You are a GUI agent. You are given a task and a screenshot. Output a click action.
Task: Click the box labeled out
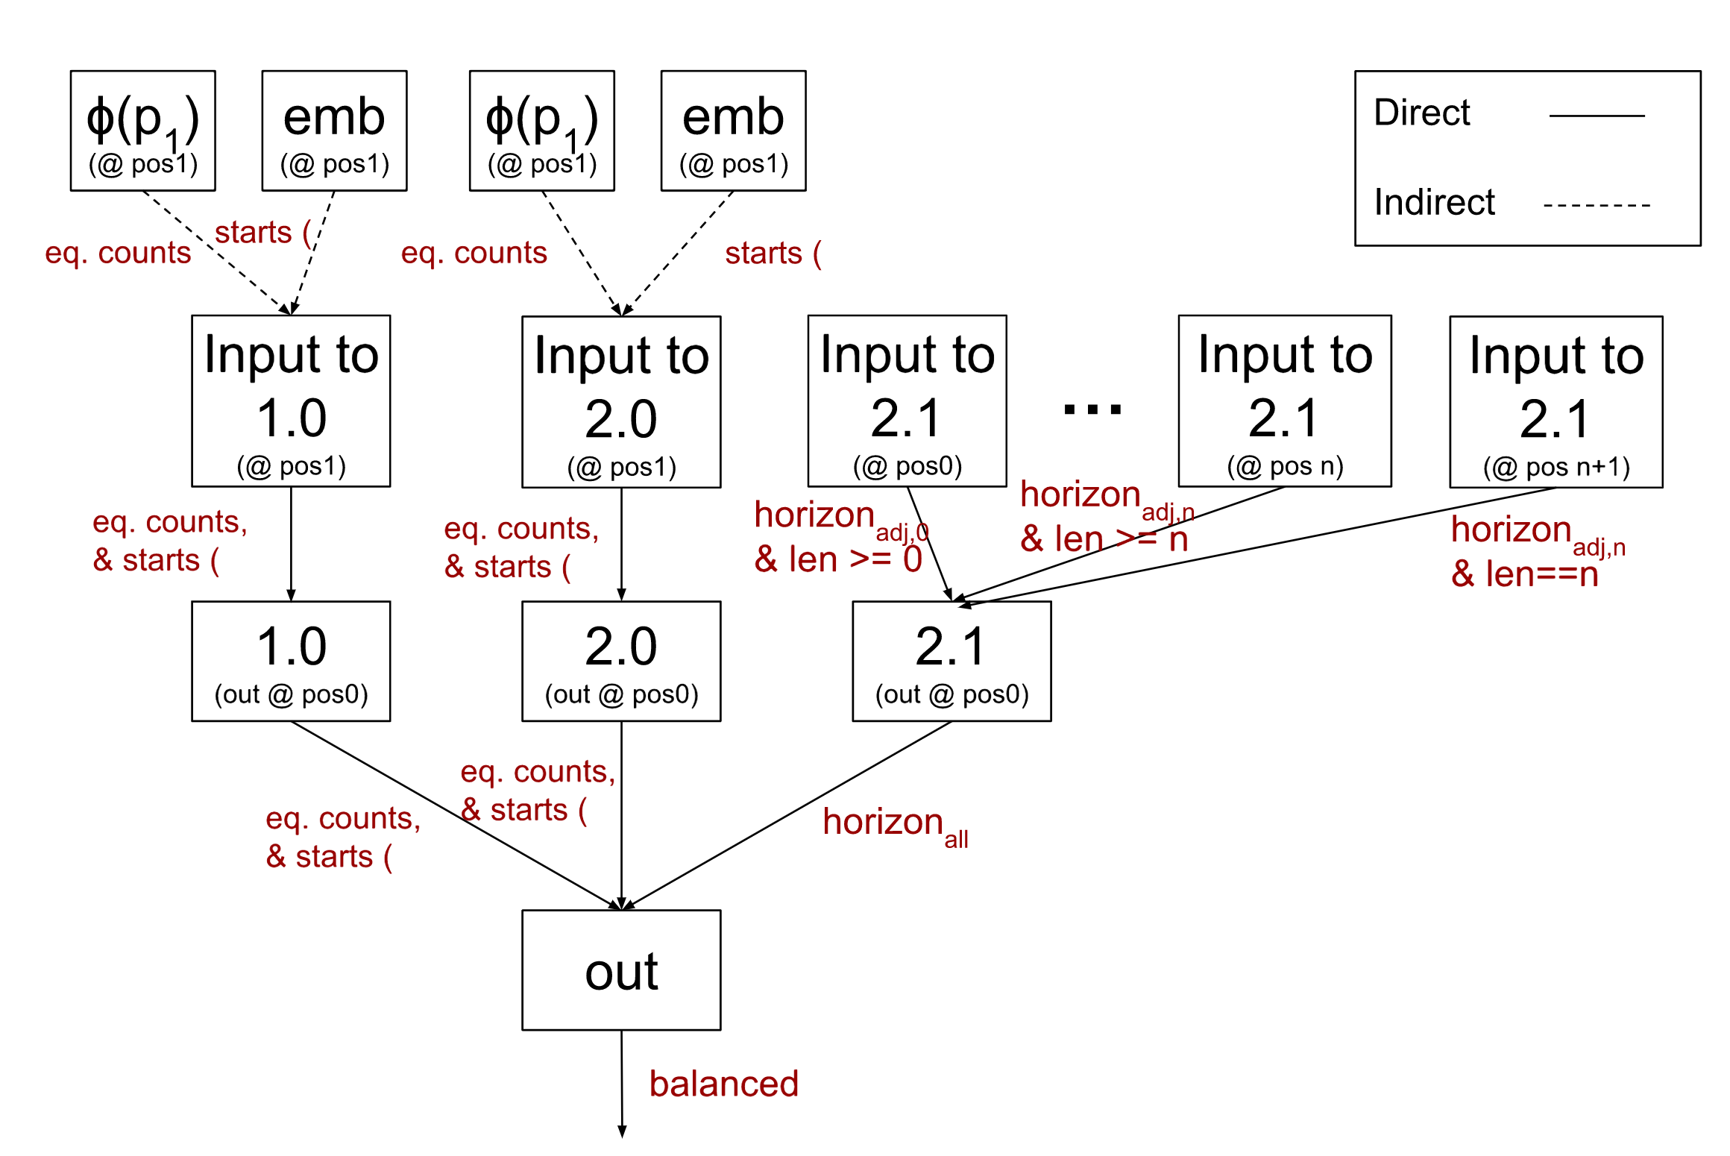621,970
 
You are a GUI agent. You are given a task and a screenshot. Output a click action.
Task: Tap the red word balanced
723,1084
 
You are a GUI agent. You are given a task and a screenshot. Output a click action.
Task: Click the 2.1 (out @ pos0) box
951,661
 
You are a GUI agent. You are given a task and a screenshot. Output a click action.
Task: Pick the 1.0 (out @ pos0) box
291,661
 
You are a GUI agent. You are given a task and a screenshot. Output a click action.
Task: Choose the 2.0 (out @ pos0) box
621,661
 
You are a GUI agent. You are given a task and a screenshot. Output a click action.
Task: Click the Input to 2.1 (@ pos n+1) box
1556,402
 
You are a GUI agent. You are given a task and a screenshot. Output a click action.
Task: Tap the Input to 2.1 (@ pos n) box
1284,401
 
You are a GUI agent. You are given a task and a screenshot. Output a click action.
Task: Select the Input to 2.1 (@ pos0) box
907,401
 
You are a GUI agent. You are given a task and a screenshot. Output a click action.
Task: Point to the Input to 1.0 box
291,401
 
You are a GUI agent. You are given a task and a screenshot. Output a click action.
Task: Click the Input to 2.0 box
621,402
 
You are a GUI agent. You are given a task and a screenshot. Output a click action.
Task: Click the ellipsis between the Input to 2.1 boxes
1092,409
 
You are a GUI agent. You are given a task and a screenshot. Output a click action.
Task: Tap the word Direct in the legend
1421,113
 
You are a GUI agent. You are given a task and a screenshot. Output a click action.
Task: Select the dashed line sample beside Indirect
1596,205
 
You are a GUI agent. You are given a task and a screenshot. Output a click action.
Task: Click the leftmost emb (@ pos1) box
334,131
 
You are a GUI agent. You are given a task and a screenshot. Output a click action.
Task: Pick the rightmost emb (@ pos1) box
733,131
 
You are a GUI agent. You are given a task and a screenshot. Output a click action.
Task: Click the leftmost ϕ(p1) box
143,131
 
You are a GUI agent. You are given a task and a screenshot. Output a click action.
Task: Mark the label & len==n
1524,574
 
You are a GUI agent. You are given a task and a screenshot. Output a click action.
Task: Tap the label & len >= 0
837,559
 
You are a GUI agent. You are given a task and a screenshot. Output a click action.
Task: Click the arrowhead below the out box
622,1131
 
